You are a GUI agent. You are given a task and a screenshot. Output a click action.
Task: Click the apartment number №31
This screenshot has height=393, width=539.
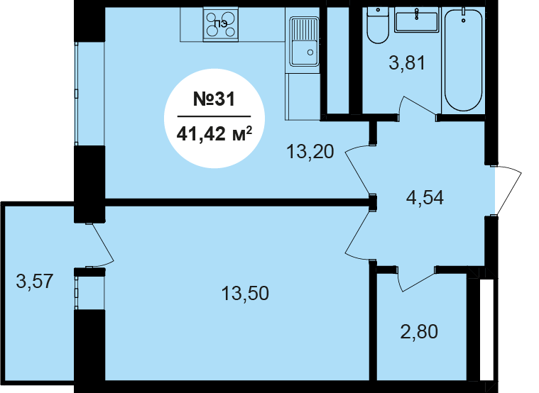[214, 99]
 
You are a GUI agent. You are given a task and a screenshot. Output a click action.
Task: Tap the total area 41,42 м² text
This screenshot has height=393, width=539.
[214, 133]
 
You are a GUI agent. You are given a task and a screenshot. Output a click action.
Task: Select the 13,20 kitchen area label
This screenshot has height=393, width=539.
[310, 152]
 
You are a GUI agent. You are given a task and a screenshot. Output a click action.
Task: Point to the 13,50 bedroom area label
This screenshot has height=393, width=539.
[245, 294]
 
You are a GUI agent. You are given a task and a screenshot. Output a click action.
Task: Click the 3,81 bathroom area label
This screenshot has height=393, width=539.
[407, 63]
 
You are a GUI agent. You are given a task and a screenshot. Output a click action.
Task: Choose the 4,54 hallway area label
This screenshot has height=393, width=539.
[425, 197]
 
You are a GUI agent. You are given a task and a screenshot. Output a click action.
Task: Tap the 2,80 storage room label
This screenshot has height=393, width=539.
[419, 332]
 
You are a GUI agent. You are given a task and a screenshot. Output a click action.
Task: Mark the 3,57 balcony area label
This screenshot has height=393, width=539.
[35, 281]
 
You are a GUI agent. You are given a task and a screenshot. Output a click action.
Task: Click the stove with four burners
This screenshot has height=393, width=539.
[221, 25]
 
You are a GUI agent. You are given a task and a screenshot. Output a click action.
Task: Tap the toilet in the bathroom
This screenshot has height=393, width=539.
[378, 26]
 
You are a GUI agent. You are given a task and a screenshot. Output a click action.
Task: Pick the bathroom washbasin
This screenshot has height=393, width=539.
[417, 20]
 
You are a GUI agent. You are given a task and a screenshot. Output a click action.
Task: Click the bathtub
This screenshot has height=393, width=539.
[464, 60]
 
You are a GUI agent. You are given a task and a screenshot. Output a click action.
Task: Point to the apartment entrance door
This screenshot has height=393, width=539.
[508, 190]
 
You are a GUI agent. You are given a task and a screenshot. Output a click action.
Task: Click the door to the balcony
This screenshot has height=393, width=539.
[102, 244]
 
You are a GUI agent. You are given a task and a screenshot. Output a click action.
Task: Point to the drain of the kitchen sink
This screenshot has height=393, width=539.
[310, 52]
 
